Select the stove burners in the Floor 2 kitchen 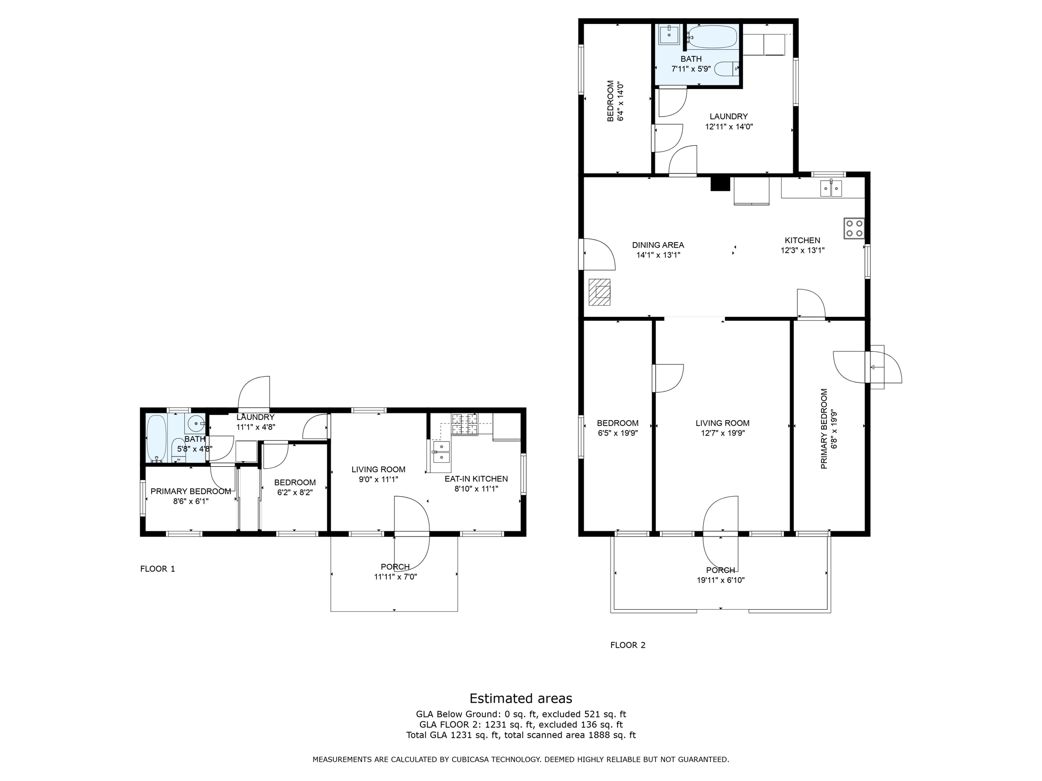click(854, 228)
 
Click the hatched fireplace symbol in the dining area click(599, 292)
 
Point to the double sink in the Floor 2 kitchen click(831, 188)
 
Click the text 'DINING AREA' click(658, 245)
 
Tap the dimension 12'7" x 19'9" click(722, 433)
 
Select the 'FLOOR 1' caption click(158, 569)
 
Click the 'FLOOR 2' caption click(628, 645)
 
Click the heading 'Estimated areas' click(520, 698)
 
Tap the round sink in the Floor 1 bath click(195, 423)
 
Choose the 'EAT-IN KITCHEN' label click(476, 479)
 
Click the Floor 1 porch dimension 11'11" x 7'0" click(395, 577)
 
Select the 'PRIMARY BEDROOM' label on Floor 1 click(191, 492)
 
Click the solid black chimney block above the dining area click(720, 184)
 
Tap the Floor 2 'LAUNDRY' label click(729, 116)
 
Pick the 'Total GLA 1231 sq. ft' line click(520, 735)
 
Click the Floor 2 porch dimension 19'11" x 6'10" click(720, 580)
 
